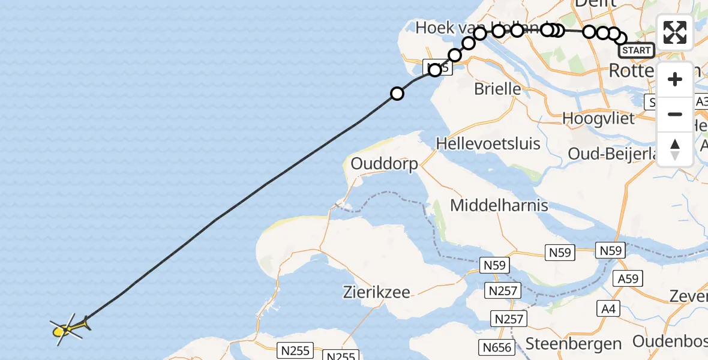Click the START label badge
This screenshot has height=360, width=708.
[x=636, y=50]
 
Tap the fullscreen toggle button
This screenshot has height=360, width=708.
[x=675, y=32]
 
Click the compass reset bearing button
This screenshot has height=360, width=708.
[x=675, y=149]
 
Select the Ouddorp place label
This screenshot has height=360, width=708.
[x=384, y=164]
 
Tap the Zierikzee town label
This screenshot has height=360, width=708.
[x=376, y=293]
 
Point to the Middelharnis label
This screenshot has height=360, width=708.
[x=499, y=206]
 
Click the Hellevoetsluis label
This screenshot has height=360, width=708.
[x=488, y=144]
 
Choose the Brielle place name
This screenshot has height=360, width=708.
[x=497, y=89]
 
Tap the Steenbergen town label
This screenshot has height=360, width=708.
[x=573, y=344]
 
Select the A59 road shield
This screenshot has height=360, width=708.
[x=628, y=279]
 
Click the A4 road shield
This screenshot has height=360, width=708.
[x=608, y=308]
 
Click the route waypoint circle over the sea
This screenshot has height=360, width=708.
[x=397, y=93]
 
